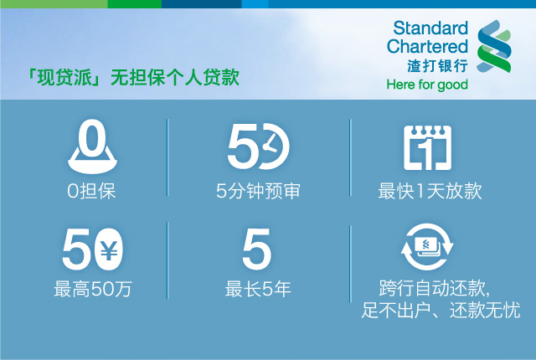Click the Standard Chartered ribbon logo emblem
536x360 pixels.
point(494,46)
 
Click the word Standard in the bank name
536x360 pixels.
point(430,28)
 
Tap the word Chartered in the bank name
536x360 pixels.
point(427,46)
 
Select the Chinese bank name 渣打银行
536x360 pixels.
point(437,65)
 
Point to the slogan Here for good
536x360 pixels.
point(427,85)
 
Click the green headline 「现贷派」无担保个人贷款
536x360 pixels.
point(133,77)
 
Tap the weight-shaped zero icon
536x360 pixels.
point(92,147)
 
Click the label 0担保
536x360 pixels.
point(91,191)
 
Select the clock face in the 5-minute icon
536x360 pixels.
point(274,147)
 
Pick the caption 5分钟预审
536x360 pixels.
point(258,191)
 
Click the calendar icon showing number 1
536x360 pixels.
point(428,147)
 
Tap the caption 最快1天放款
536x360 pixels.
point(430,191)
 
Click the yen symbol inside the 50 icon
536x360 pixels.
point(109,250)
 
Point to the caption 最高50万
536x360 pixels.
point(93,289)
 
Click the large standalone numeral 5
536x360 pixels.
point(257,249)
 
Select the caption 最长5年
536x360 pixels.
point(258,289)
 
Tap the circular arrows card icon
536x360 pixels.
point(427,247)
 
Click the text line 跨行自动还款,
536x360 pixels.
point(435,288)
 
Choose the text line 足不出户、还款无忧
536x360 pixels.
point(441,310)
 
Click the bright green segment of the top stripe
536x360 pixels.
point(134,3)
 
